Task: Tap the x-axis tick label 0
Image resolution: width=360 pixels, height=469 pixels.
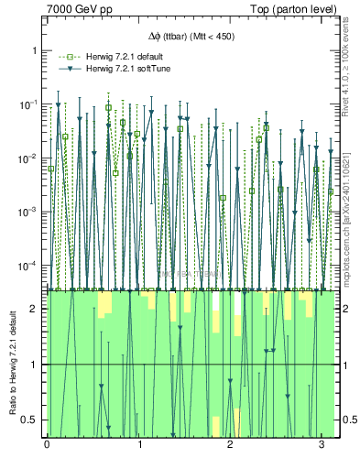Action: (47, 445)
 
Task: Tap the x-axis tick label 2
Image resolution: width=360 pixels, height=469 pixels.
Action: (230, 445)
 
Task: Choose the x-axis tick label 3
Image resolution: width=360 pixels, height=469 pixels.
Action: (322, 445)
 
